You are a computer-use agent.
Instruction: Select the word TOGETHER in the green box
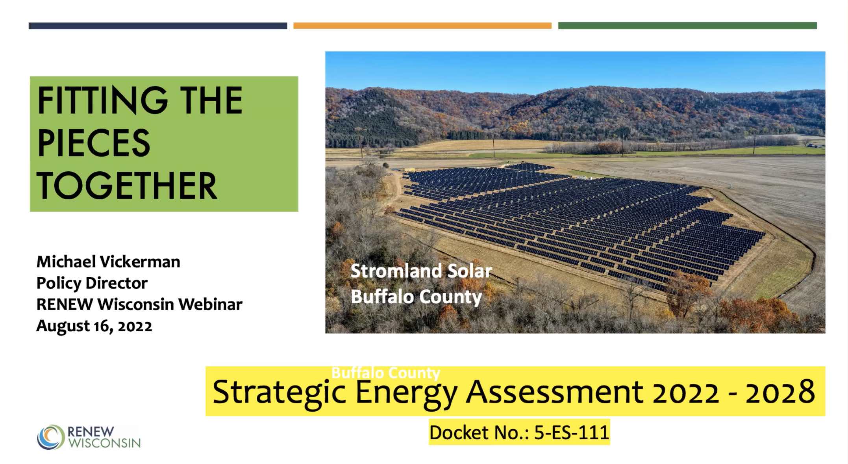[127, 186]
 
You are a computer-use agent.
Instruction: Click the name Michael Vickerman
[108, 262]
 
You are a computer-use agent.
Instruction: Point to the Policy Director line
[92, 283]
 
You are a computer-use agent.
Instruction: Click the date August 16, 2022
[94, 326]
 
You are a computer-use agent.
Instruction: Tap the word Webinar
[210, 304]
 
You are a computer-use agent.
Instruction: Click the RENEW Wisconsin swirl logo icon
[51, 437]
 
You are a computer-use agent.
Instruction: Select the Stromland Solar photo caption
[421, 271]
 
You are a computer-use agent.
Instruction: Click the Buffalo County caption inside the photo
[416, 297]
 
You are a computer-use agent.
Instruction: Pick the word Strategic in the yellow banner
[279, 392]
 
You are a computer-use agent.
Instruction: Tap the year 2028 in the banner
[780, 392]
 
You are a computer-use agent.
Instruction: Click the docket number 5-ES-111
[572, 432]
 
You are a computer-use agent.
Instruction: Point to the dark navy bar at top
[158, 26]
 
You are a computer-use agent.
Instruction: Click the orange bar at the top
[422, 26]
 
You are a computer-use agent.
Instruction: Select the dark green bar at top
[687, 26]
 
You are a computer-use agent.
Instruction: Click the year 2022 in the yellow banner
[686, 392]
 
